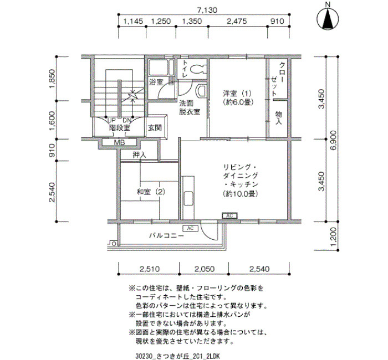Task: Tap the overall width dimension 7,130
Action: pyautogui.click(x=204, y=10)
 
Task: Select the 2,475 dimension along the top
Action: pyautogui.click(x=237, y=21)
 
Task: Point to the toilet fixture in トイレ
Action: pyautogui.click(x=197, y=69)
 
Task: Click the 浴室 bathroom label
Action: pyautogui.click(x=156, y=82)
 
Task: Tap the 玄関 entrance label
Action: pyautogui.click(x=155, y=127)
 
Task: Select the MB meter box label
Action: pyautogui.click(x=119, y=142)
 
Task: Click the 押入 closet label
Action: pyautogui.click(x=140, y=155)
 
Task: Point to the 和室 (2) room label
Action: pyautogui.click(x=150, y=192)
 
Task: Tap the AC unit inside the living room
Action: pyautogui.click(x=229, y=216)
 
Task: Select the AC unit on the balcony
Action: pyautogui.click(x=190, y=228)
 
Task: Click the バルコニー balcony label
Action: pyautogui.click(x=166, y=235)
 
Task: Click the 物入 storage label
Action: pyautogui.click(x=279, y=117)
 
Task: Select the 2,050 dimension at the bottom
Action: pyautogui.click(x=205, y=269)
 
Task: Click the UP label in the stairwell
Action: pyautogui.click(x=111, y=121)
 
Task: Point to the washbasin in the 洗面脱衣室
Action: pyautogui.click(x=201, y=91)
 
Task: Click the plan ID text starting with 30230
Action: pyautogui.click(x=177, y=356)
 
